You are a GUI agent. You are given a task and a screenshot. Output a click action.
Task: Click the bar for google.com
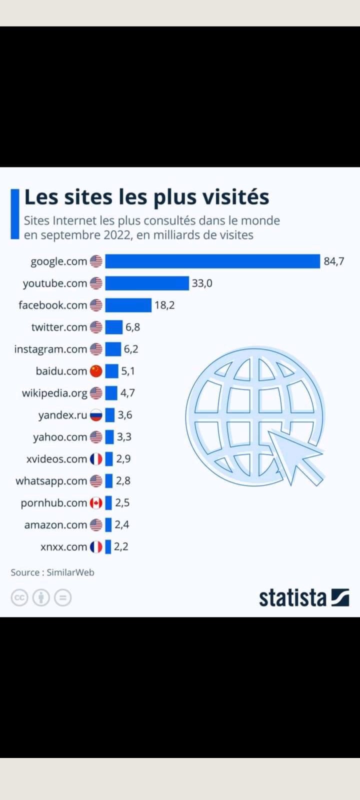pos(212,261)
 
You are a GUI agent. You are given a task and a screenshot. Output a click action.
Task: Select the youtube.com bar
pos(147,283)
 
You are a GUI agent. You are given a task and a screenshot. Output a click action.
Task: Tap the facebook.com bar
pos(128,305)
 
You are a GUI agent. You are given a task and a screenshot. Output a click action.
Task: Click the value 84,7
pos(334,261)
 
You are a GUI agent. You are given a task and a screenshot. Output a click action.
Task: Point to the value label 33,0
pos(202,283)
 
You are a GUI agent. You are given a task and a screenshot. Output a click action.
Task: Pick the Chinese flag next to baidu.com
pos(96,371)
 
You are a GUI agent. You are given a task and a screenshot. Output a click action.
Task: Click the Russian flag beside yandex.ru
pos(96,415)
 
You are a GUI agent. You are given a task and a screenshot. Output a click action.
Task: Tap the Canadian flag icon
pos(96,503)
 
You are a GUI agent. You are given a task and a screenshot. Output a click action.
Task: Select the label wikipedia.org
pos(54,393)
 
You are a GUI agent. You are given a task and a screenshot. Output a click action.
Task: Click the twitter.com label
pos(59,327)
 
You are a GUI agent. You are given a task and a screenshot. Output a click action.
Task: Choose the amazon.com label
pos(55,525)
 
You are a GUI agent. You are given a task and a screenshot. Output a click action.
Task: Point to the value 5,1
pos(128,371)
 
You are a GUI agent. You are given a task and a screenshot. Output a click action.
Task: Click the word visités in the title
pos(235,196)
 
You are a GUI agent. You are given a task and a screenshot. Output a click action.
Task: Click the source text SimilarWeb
pos(70,572)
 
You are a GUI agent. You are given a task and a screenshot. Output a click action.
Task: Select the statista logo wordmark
pos(292,597)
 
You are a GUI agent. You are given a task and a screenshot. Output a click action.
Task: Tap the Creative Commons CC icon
pos(19,597)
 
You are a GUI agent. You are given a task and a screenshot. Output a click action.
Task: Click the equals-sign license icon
pos(63,597)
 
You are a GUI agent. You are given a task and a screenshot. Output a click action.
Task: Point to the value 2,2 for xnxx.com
pos(121,546)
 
